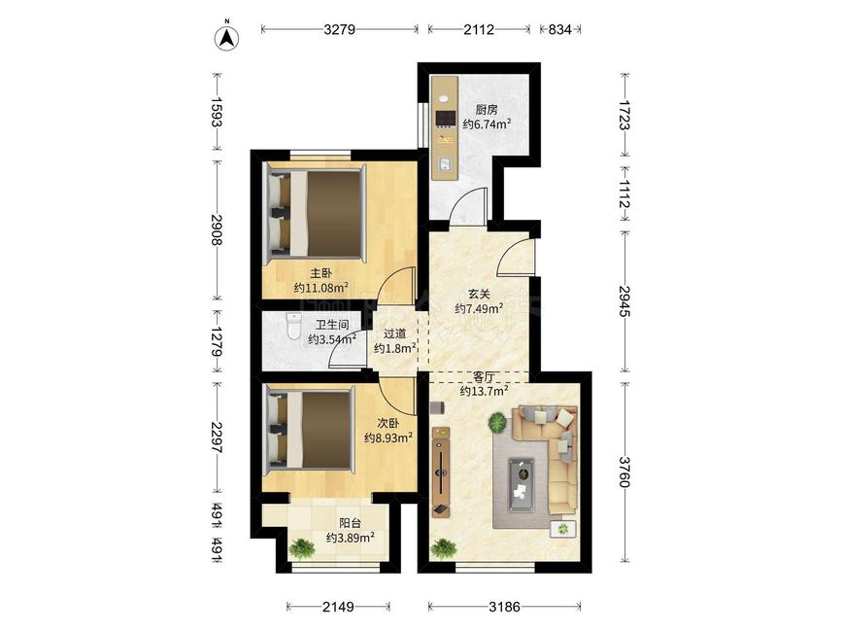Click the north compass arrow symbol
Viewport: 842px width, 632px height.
[x=227, y=38]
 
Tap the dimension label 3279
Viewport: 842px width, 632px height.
[x=339, y=29]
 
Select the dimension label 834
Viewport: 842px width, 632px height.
[x=559, y=29]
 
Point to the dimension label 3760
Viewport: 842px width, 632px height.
[x=625, y=472]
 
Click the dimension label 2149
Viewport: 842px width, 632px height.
[x=338, y=607]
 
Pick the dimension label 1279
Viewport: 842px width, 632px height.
[x=217, y=342]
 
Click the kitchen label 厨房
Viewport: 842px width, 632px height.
[x=487, y=110]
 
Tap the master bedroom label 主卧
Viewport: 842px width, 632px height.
[x=321, y=273]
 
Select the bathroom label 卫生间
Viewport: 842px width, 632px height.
[x=332, y=325]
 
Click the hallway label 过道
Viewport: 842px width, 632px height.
[x=394, y=334]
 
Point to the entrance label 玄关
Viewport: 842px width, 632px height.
[x=479, y=294]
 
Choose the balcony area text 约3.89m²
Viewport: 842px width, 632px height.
[x=351, y=537]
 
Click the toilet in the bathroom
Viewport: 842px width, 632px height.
[x=293, y=327]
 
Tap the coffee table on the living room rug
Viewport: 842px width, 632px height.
[x=522, y=483]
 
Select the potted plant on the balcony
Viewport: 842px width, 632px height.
[x=302, y=548]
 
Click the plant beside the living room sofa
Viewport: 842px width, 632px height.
[x=499, y=421]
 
